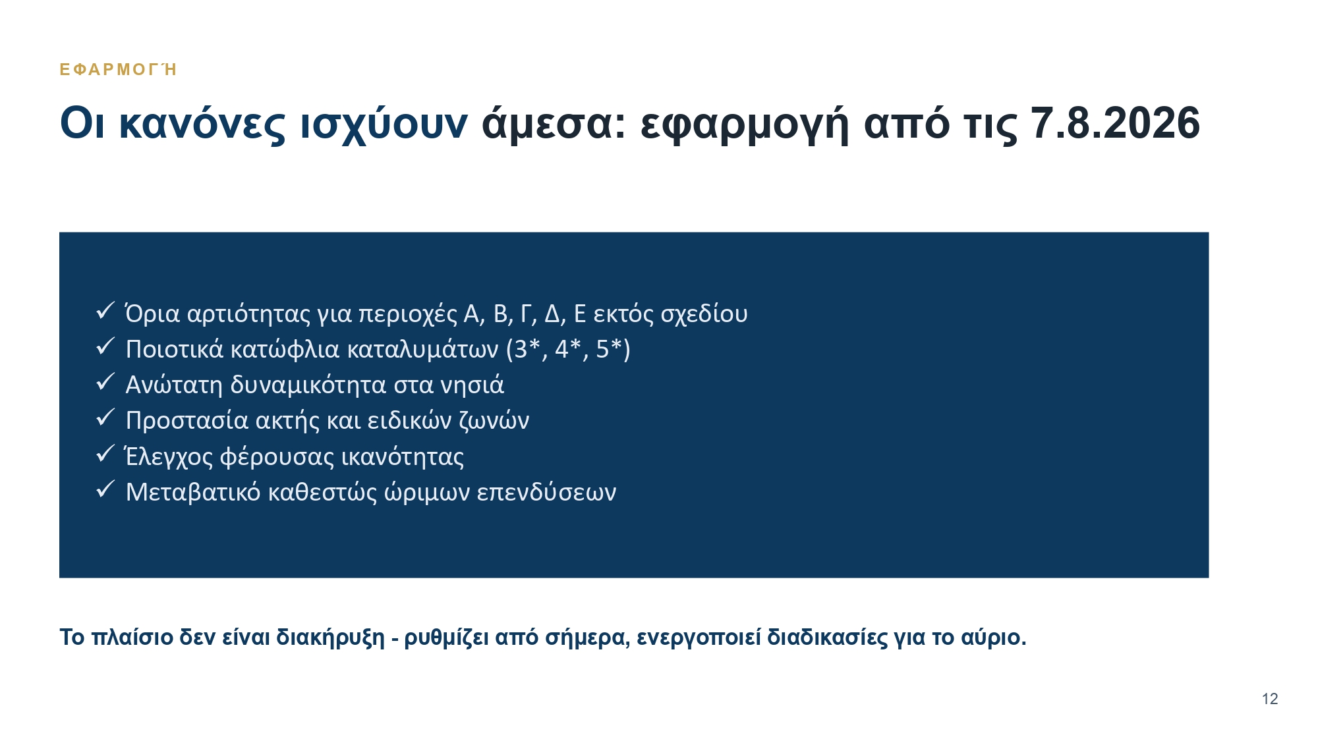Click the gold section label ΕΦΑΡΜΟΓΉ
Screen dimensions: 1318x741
coord(118,69)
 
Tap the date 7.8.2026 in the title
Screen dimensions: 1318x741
coord(1115,123)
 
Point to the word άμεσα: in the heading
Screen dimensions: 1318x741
coord(554,124)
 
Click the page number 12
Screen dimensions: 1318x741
coord(1270,699)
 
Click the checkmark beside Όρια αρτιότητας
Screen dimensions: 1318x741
coord(105,310)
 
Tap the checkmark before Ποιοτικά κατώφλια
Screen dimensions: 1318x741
coord(105,346)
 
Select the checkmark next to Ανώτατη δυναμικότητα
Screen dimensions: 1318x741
coord(105,381)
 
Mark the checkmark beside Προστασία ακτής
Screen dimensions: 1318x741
coord(105,417)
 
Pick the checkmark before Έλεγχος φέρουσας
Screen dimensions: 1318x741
coord(105,453)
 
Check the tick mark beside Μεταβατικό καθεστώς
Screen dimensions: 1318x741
coord(105,489)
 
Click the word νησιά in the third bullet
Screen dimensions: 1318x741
coord(472,384)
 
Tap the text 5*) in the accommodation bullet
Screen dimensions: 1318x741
coord(613,349)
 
